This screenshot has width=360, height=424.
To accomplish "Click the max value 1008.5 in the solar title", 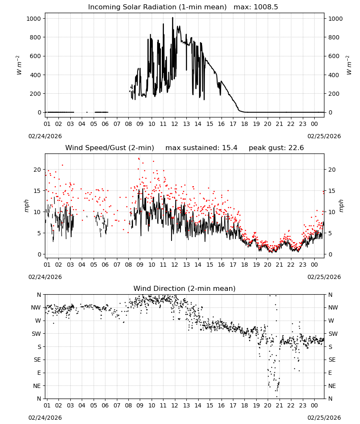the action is click(x=266, y=7).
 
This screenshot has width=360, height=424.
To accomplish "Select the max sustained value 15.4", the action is click(x=230, y=148).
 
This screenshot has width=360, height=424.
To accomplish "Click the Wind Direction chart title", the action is click(x=185, y=288).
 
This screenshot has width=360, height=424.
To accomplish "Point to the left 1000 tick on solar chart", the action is click(x=33, y=19).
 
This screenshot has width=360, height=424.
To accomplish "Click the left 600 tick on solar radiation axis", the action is click(x=36, y=56).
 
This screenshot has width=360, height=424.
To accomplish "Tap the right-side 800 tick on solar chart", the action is click(x=334, y=37).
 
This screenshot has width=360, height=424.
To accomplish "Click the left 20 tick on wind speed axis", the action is click(x=37, y=170).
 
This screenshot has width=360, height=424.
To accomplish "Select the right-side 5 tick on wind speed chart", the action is click(x=330, y=233).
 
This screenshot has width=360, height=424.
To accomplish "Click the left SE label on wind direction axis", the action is click(x=37, y=360).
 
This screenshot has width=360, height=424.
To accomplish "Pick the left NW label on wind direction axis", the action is click(x=36, y=308).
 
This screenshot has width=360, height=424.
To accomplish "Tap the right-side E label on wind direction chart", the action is click(x=330, y=373).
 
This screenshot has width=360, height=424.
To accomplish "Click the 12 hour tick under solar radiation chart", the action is click(x=175, y=124).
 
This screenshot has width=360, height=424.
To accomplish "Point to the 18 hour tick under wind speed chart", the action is click(x=244, y=265).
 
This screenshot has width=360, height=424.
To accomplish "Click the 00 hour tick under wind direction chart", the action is click(x=314, y=405).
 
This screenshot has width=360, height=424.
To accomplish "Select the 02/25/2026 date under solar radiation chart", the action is click(x=324, y=136).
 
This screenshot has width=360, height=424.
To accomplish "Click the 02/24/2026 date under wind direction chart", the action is click(x=45, y=418).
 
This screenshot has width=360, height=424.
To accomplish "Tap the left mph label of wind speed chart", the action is click(x=27, y=206).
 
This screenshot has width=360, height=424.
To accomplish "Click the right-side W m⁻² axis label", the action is click(x=349, y=65).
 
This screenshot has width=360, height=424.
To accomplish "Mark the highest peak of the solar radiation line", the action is click(x=172, y=17).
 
